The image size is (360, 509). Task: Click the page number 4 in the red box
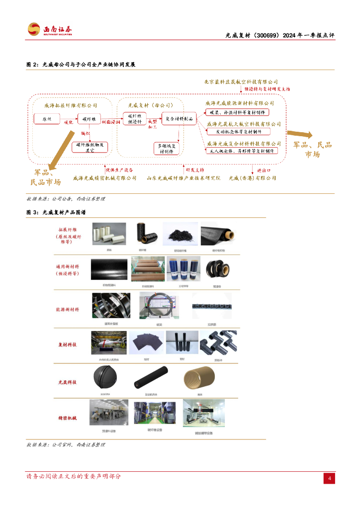point(329,478)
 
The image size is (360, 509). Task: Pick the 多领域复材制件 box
point(166,149)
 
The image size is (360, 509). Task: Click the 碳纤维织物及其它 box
point(90,147)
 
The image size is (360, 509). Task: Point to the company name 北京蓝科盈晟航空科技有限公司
point(241,82)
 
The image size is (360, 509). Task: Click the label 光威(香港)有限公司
point(252,177)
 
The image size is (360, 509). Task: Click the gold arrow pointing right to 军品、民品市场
point(299,134)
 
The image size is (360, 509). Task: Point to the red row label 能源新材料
point(68,309)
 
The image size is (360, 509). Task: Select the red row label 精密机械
point(68,418)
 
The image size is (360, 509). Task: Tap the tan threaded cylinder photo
point(198,380)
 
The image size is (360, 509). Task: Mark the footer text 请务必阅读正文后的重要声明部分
point(74,476)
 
